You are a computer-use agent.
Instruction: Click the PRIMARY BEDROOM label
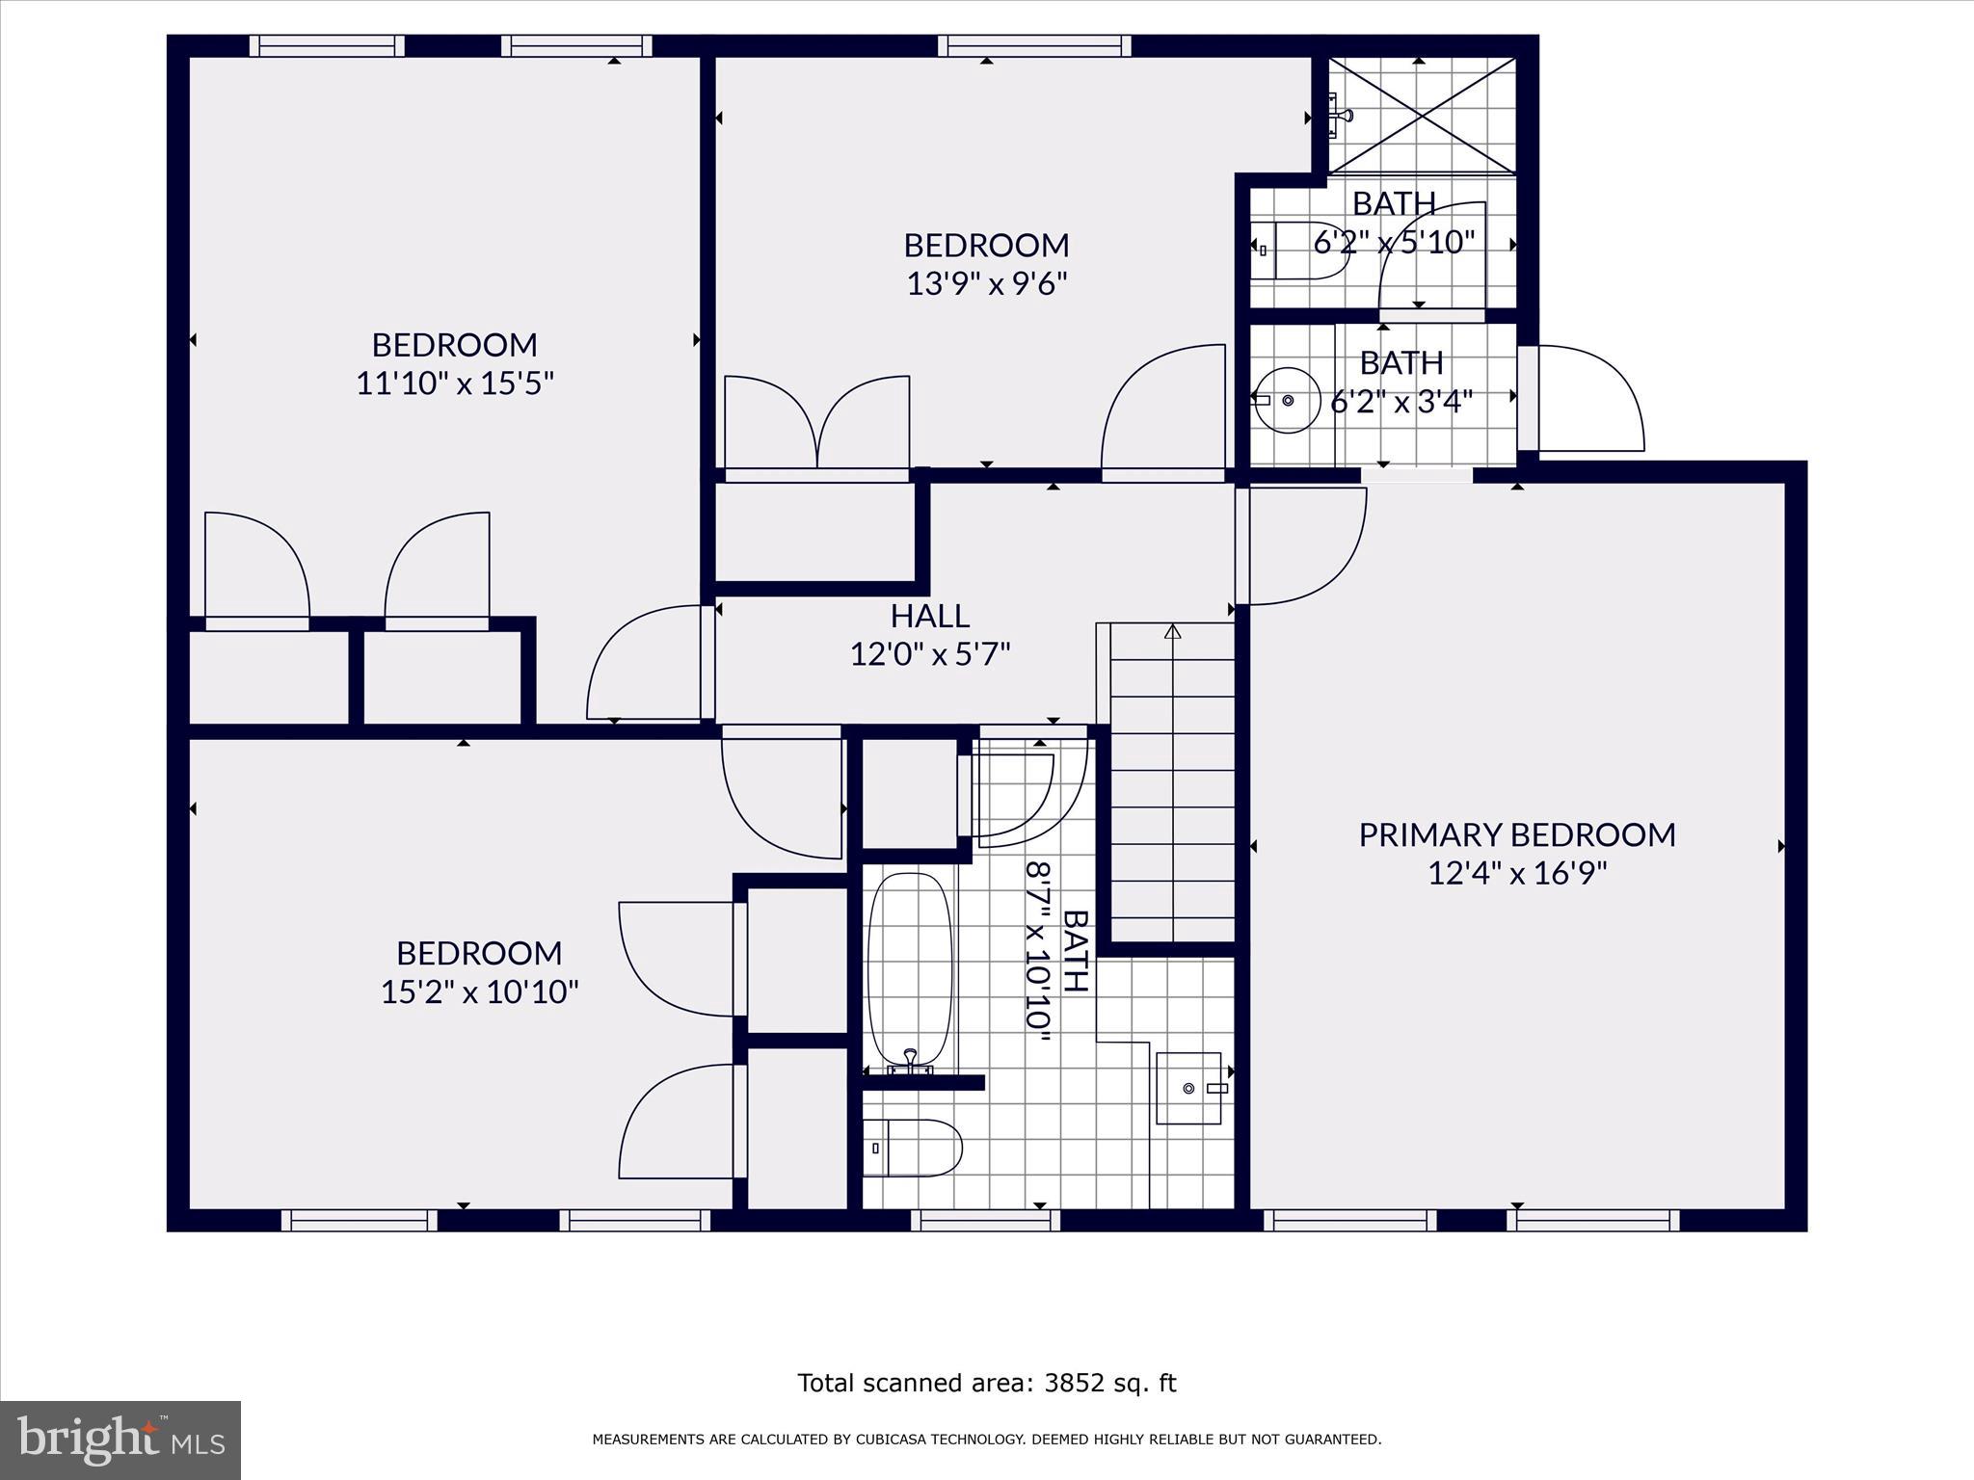(1516, 834)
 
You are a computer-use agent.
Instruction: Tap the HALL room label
(929, 616)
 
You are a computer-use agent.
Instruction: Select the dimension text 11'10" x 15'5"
(455, 384)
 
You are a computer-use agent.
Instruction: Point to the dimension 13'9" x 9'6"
(986, 284)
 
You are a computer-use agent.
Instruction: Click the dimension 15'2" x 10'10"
(479, 991)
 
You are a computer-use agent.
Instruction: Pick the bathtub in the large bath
(910, 971)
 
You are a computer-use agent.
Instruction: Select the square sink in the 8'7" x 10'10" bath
(1189, 1088)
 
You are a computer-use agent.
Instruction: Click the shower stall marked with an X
(1421, 116)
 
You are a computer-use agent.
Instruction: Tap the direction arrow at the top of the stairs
(1172, 633)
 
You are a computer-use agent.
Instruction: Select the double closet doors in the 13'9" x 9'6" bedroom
(816, 424)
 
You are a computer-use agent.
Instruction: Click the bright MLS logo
(120, 1440)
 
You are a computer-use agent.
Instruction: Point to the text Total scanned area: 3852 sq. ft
(986, 1384)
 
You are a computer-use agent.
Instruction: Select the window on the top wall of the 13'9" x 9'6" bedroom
(1034, 44)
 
